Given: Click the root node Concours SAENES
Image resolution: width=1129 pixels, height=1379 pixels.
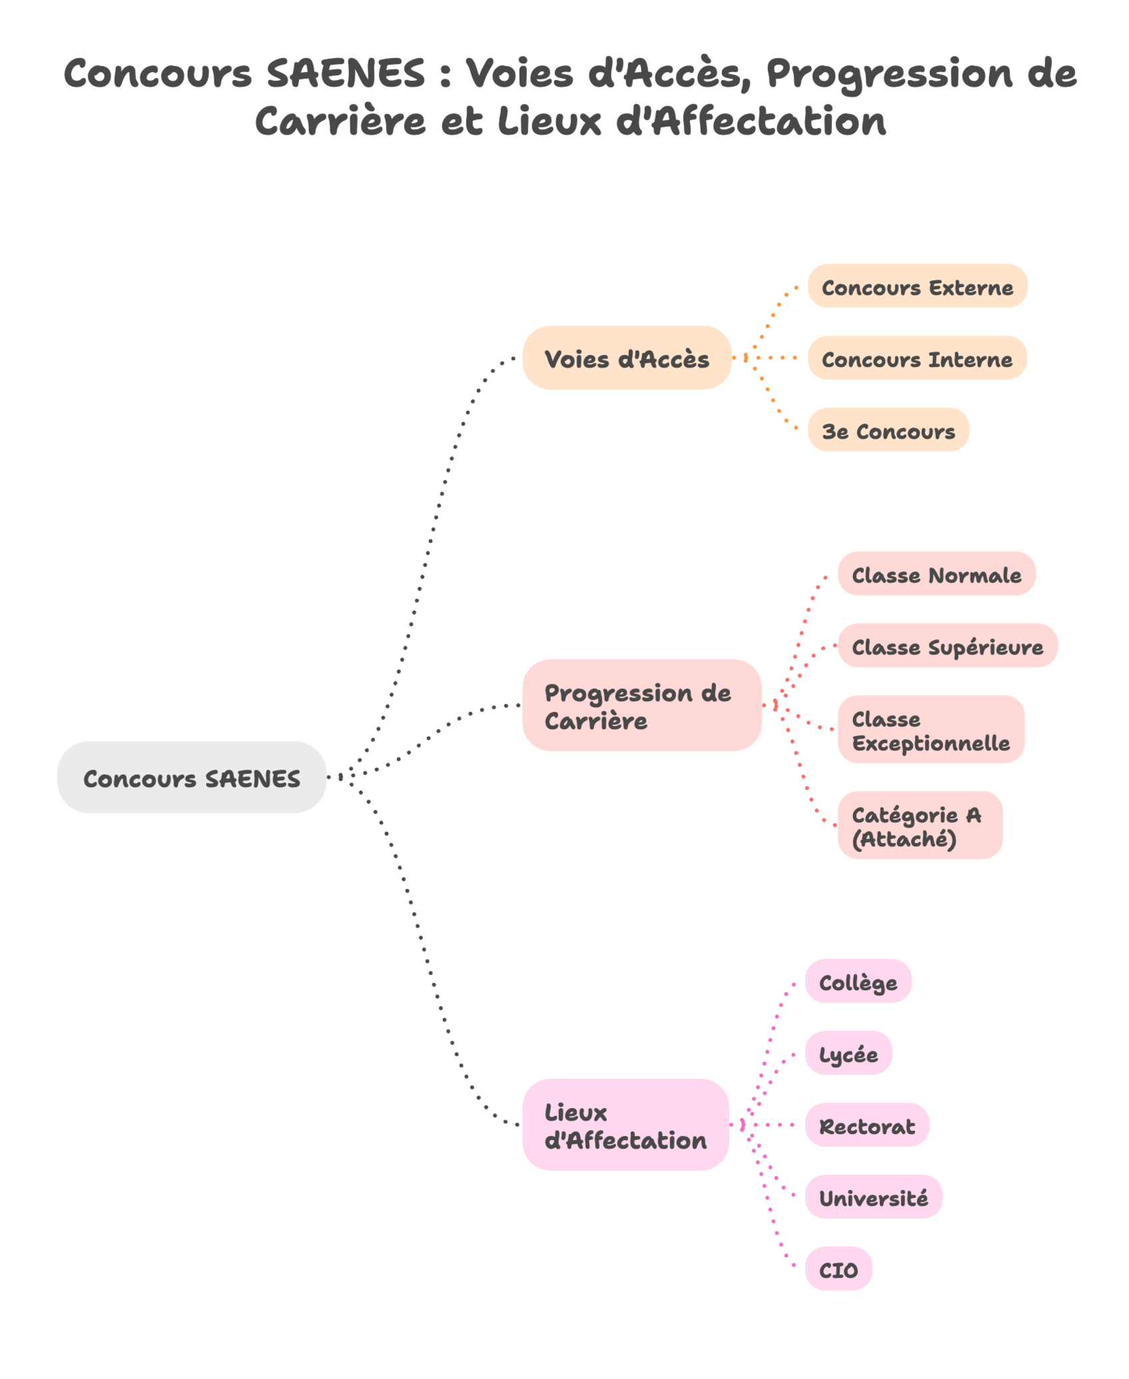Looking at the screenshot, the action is point(192,777).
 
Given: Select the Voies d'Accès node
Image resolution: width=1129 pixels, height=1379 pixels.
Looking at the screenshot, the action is point(627,358).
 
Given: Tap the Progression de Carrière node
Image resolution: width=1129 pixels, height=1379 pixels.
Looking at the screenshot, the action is point(641,705).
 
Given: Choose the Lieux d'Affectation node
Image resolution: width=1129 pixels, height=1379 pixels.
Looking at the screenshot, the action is point(625,1125).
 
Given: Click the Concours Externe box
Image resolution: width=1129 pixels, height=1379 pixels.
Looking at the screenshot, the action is point(917,286).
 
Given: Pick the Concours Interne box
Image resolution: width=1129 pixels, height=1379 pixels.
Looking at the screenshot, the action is point(917,358).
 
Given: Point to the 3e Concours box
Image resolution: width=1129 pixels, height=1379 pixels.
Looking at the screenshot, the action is point(888,429).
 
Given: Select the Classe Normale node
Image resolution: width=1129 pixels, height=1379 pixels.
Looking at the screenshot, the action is point(937,573).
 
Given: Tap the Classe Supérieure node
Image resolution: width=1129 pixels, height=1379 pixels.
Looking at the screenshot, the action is point(947,645).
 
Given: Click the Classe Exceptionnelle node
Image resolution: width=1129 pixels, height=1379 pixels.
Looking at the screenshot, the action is point(931,729).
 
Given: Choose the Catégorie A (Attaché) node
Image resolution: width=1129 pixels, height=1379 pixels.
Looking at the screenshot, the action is point(920,825).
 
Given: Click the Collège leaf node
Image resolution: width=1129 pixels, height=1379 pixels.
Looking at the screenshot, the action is point(858,981).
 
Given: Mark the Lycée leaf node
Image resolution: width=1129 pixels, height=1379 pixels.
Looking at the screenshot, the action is point(849,1053).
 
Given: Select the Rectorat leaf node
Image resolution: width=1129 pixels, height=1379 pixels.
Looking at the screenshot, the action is point(867,1125).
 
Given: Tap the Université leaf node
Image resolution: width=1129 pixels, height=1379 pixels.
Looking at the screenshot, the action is point(873,1197).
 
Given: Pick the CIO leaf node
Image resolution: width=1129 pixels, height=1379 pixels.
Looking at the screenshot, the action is point(839,1268).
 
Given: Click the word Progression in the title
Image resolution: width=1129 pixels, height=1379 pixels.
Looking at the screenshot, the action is point(889,73).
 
